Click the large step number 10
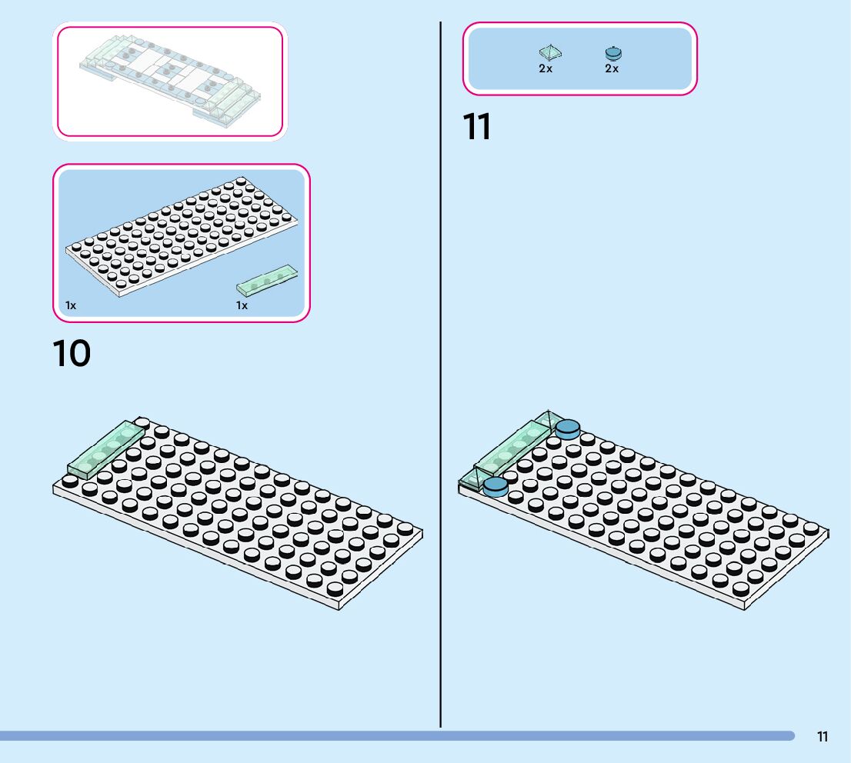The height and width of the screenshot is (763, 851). click(x=72, y=354)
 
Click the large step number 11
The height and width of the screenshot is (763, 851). click(x=477, y=128)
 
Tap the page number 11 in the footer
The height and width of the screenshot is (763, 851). click(x=823, y=737)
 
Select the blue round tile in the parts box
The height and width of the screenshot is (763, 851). click(x=612, y=53)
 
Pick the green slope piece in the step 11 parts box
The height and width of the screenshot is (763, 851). click(x=549, y=52)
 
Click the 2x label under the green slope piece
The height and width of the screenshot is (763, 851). click(x=546, y=68)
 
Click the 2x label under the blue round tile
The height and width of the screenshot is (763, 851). click(x=612, y=68)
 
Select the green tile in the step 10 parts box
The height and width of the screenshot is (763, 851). click(x=266, y=281)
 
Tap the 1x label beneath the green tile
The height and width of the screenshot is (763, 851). click(x=242, y=305)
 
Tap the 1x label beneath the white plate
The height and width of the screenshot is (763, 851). click(x=71, y=305)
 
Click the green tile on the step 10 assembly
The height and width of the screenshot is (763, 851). click(x=106, y=450)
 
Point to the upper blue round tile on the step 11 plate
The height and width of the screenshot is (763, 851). click(x=567, y=428)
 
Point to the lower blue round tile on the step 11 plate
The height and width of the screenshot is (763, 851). click(x=495, y=485)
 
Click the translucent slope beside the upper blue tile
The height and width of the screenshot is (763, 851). click(x=548, y=421)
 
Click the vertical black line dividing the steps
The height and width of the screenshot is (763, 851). click(x=440, y=385)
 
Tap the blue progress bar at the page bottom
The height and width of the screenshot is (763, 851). click(x=385, y=736)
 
